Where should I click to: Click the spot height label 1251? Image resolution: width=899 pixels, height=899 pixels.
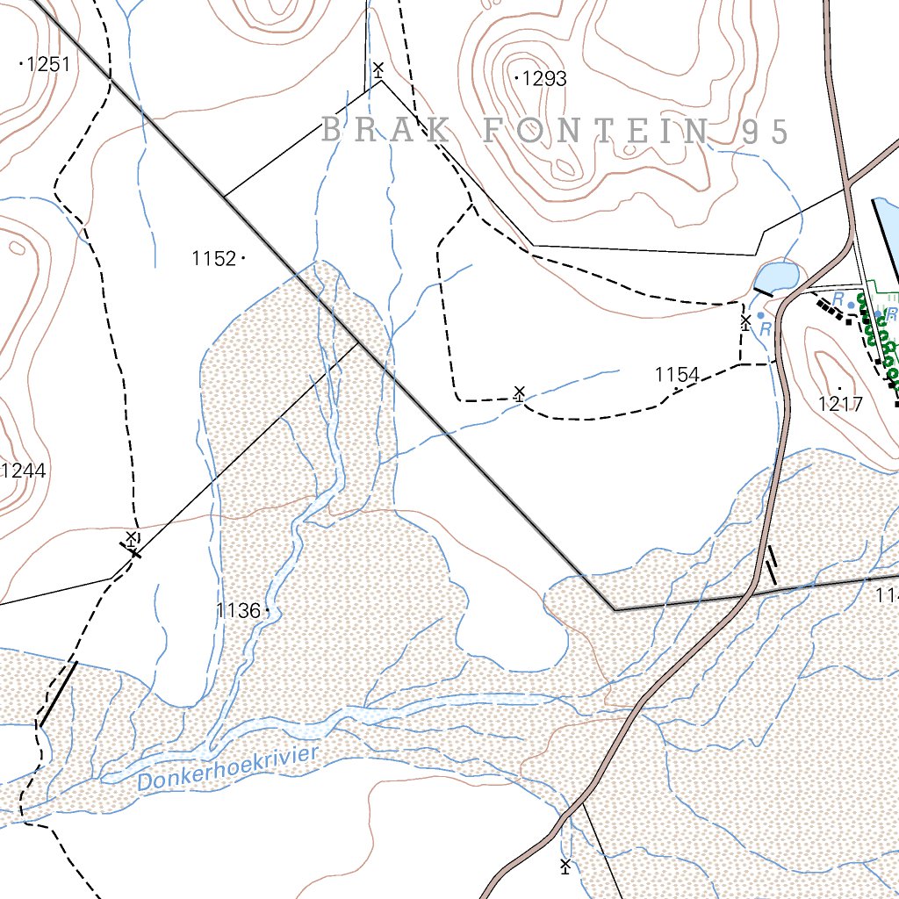tap(48, 63)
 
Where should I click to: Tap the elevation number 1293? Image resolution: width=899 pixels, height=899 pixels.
tap(544, 79)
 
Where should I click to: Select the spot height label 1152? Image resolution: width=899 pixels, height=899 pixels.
tap(214, 258)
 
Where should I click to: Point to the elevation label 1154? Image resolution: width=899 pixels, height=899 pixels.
tap(677, 375)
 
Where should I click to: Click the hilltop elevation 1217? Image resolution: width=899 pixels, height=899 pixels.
tap(840, 405)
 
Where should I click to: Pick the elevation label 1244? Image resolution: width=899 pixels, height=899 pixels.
tap(23, 471)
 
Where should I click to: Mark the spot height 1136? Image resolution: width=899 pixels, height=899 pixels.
tap(238, 610)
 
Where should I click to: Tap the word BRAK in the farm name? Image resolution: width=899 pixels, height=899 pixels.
tap(387, 131)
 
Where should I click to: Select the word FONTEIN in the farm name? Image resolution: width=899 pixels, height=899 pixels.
tap(596, 131)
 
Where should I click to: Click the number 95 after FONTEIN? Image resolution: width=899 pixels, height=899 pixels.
tap(765, 131)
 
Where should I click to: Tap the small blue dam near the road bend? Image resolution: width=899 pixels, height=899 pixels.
tap(778, 277)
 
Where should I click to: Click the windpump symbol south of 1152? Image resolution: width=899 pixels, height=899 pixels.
tap(519, 392)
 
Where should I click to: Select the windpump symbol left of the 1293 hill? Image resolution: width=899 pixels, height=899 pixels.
tap(378, 69)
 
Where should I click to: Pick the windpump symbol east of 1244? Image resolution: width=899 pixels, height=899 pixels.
tap(131, 538)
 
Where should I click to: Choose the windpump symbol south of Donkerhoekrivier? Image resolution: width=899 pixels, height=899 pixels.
tap(565, 867)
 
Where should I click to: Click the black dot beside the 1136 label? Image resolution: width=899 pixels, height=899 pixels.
tap(266, 609)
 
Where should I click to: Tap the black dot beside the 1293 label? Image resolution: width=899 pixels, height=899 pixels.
tap(516, 77)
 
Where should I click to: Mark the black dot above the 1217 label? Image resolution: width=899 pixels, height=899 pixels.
tap(839, 387)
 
